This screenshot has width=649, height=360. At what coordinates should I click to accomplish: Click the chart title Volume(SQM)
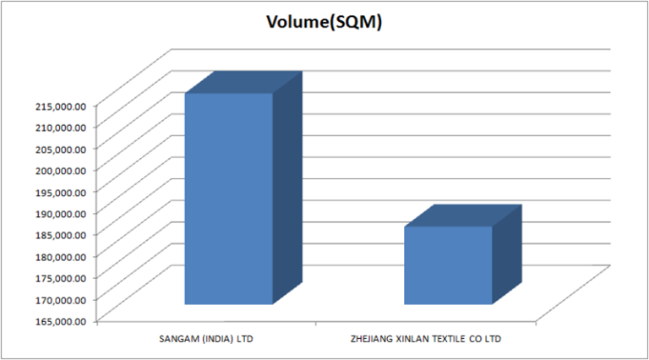324,23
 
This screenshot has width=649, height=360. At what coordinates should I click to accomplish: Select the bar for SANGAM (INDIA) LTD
228,199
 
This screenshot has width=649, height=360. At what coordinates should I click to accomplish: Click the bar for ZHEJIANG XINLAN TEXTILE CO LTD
448,265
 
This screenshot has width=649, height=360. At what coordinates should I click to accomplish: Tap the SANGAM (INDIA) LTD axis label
206,339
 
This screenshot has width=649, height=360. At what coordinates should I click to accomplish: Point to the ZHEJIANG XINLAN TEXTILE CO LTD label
426,339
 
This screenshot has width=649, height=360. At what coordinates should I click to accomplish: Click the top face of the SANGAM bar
243,82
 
